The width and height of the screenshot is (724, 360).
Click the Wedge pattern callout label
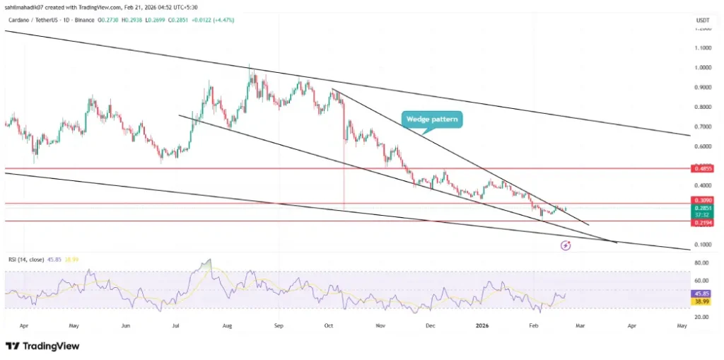click(x=433, y=120)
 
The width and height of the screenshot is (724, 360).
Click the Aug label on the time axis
click(x=227, y=326)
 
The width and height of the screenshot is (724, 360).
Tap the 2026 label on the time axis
click(x=483, y=326)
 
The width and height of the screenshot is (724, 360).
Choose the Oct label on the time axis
click(x=329, y=326)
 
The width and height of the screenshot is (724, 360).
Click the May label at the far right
click(x=682, y=326)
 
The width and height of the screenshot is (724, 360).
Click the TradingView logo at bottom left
click(x=42, y=346)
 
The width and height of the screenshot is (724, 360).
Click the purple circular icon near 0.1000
click(x=566, y=245)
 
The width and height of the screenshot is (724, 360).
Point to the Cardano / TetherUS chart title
click(x=35, y=20)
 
